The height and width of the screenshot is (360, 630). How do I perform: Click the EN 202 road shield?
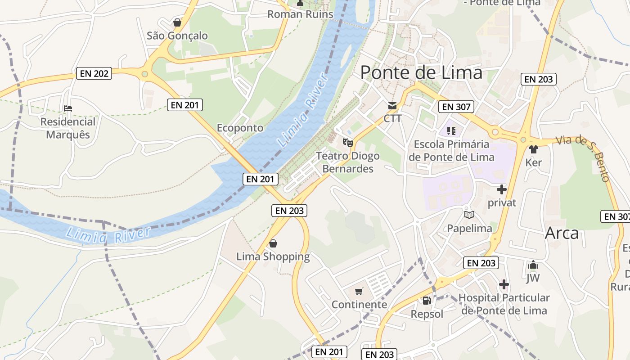pyautogui.click(x=94, y=73)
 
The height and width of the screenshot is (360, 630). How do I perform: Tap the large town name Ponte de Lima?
pyautogui.click(x=421, y=72)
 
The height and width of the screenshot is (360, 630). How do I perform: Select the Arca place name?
pyautogui.click(x=562, y=233)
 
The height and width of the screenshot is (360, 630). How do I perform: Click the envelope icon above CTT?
pyautogui.click(x=392, y=106)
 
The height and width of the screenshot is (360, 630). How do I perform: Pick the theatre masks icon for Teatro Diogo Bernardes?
pyautogui.click(x=347, y=143)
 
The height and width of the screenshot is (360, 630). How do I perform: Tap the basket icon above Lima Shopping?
pyautogui.click(x=273, y=244)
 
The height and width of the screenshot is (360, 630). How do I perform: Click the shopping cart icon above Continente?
pyautogui.click(x=359, y=292)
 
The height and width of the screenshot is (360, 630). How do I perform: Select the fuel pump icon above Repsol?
pyautogui.click(x=427, y=300)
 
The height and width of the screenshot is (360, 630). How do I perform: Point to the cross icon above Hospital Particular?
pyautogui.click(x=504, y=284)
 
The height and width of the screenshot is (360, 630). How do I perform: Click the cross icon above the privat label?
pyautogui.click(x=502, y=189)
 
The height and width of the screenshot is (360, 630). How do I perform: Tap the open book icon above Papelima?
pyautogui.click(x=469, y=215)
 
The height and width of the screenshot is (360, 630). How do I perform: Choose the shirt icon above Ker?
pyautogui.click(x=534, y=149)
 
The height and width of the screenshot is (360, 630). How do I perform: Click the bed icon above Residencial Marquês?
pyautogui.click(x=68, y=108)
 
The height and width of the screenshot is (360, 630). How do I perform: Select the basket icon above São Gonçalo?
pyautogui.click(x=177, y=22)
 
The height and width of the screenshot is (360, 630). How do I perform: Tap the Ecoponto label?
pyautogui.click(x=240, y=128)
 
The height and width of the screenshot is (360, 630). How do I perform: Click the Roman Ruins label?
pyautogui.click(x=300, y=14)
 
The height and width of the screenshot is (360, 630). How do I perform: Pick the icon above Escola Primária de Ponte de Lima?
pyautogui.click(x=451, y=131)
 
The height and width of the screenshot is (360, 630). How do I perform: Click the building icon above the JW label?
pyautogui.click(x=533, y=265)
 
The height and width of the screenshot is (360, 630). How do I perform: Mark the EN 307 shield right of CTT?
pyautogui.click(x=456, y=107)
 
